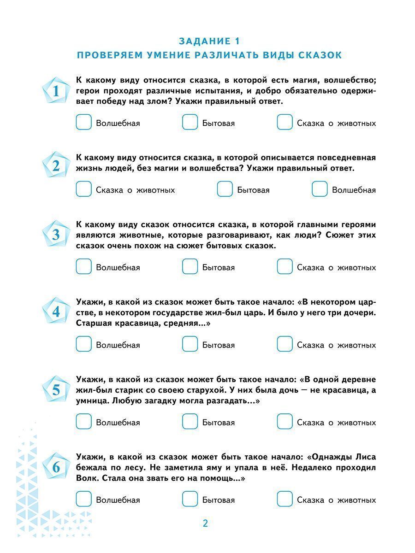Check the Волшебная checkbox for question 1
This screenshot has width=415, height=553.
coord(83,123)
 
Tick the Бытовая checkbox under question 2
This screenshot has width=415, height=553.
coord(225,189)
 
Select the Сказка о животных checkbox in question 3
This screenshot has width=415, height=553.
coord(285,267)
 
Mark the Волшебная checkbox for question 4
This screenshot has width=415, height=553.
coord(83,344)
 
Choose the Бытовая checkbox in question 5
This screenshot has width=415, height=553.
coord(190,422)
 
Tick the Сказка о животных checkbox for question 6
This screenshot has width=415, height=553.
coord(285,499)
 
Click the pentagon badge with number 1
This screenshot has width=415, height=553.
coord(56,91)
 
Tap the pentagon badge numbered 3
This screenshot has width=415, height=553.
coord(56,235)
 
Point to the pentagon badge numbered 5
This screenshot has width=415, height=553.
coord(56,390)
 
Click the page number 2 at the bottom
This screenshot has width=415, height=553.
coord(206,524)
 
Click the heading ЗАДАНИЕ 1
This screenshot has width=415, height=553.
coord(209,41)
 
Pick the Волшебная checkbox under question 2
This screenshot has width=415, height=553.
coord(320,189)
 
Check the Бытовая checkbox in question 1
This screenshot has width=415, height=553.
coord(190,123)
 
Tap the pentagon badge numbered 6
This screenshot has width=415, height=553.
coord(56,468)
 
